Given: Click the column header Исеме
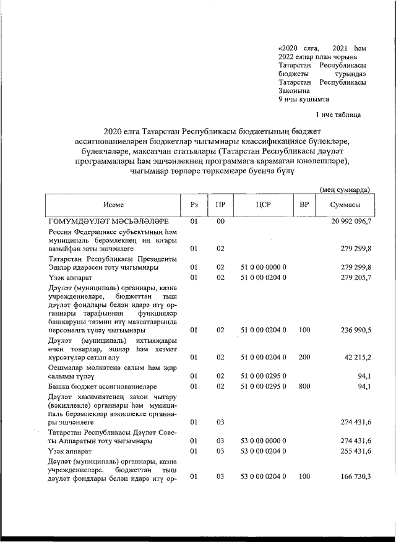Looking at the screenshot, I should click(x=113, y=205).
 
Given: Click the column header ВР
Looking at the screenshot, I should click(x=304, y=205).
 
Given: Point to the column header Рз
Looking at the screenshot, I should click(x=194, y=205).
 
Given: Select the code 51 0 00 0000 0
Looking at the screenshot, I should click(x=263, y=267).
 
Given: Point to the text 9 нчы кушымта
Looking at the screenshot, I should click(x=304, y=98).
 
